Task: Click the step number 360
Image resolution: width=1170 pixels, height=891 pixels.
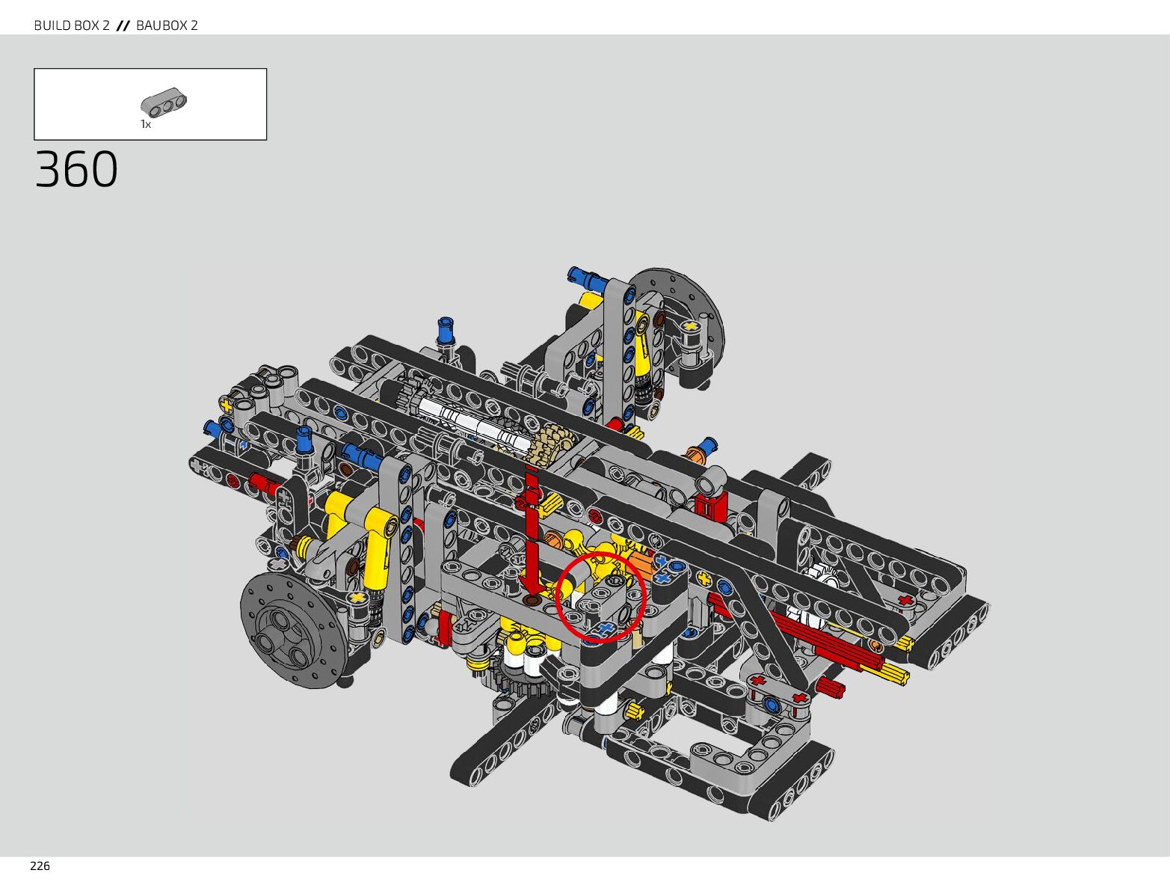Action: click(x=76, y=169)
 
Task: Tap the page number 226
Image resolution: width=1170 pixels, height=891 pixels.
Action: click(x=40, y=866)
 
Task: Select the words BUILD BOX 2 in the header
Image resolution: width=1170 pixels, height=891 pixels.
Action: click(x=72, y=25)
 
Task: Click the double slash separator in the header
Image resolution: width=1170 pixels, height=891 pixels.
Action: click(x=123, y=25)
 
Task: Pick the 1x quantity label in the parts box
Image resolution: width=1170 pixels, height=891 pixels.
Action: click(x=146, y=124)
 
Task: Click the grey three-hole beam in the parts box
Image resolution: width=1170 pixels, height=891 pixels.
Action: click(x=164, y=102)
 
